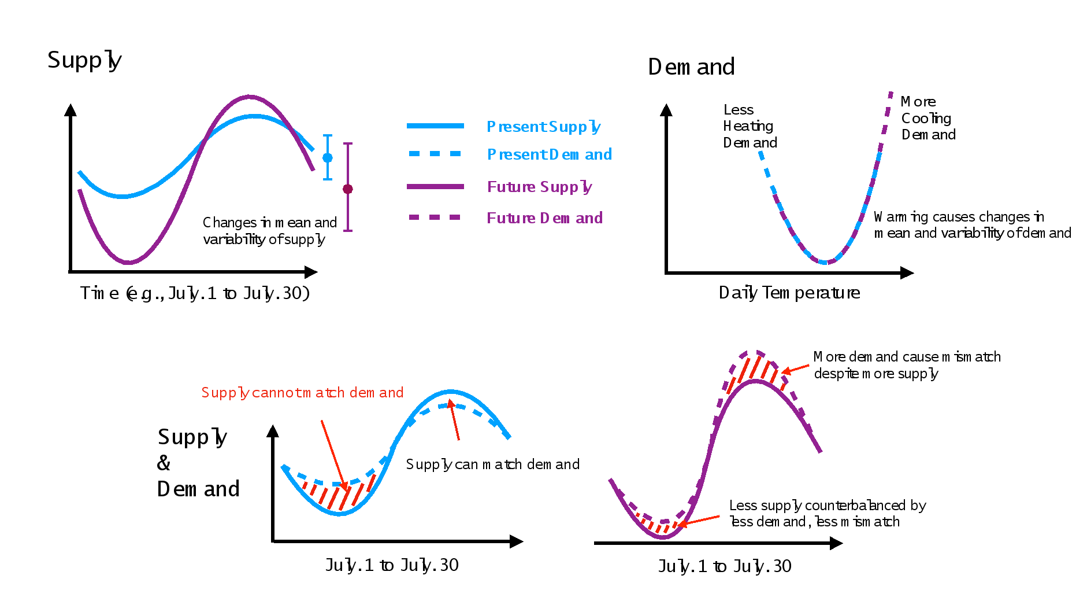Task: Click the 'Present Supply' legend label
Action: [543, 127]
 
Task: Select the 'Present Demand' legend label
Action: [549, 154]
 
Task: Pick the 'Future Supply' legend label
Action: [539, 187]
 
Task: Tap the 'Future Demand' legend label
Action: [544, 218]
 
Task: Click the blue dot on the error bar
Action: [328, 157]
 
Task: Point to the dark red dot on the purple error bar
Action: [348, 189]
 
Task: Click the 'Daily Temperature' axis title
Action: [789, 293]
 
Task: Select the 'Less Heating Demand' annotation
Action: [750, 126]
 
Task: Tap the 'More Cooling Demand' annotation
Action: [928, 118]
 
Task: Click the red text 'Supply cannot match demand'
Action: [302, 393]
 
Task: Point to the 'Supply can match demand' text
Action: [492, 464]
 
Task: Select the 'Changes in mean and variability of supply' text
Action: [269, 231]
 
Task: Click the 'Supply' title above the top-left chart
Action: [84, 60]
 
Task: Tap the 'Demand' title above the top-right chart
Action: [691, 67]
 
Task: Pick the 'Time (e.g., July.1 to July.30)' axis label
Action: [195, 293]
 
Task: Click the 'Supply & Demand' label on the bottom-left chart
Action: [198, 463]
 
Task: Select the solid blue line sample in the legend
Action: [435, 126]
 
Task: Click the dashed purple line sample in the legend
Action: [435, 217]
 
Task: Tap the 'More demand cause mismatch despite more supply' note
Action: [907, 365]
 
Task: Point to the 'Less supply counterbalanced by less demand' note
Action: [827, 514]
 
